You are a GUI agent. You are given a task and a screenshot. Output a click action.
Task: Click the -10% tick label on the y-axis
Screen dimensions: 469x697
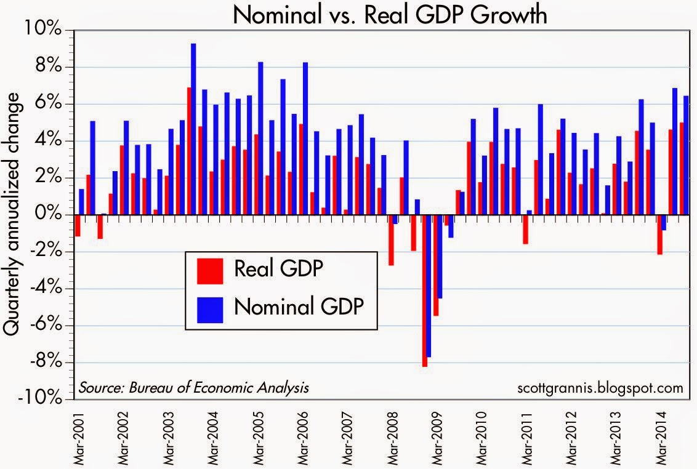pyautogui.click(x=43, y=398)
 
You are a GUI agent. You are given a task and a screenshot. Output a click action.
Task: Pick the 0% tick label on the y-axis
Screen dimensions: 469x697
pyautogui.click(x=49, y=214)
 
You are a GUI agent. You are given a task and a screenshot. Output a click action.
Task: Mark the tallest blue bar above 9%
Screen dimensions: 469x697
pyautogui.click(x=193, y=129)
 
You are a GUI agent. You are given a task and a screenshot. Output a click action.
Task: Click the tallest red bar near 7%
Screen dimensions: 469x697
pyautogui.click(x=190, y=151)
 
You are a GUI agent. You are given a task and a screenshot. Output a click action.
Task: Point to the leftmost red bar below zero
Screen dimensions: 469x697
pyautogui.click(x=78, y=225)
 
